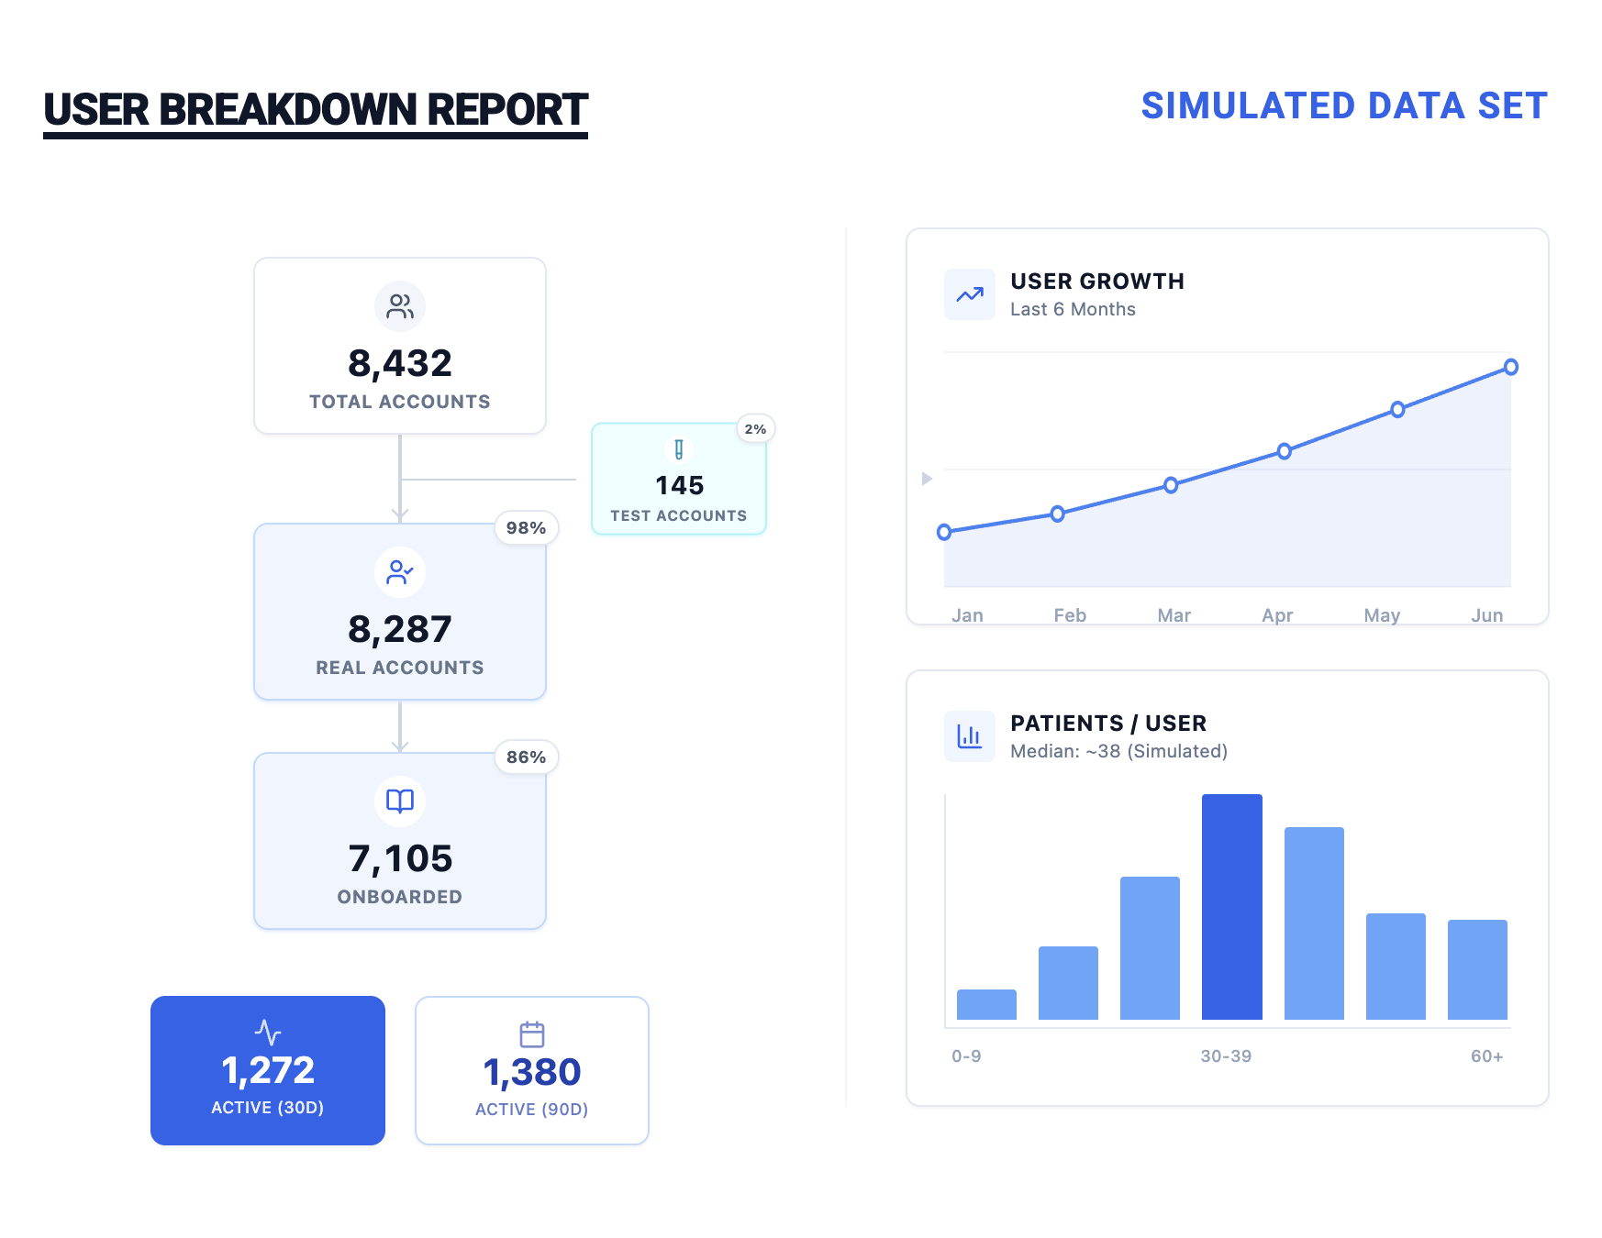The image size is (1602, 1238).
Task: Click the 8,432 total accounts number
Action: coord(400,363)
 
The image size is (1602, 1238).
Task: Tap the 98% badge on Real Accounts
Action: coord(526,528)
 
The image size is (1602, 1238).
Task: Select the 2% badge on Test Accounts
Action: coord(755,429)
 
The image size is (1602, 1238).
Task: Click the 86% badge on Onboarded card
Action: coord(526,757)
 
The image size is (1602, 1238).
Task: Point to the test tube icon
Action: coord(679,449)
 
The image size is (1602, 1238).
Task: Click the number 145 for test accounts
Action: coord(679,485)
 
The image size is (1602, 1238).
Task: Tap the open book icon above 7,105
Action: coord(400,801)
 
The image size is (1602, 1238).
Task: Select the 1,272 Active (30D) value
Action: coord(268,1070)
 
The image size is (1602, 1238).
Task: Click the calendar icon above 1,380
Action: coord(532,1034)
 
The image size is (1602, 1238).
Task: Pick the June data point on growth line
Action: coord(1510,367)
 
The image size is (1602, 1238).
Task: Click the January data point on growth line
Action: coord(944,532)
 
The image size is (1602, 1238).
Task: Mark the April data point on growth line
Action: coord(1285,451)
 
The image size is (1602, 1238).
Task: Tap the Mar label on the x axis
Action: coord(1174,615)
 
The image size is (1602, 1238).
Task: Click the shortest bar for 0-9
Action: coord(986,1004)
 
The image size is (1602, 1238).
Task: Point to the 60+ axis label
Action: coord(1486,1056)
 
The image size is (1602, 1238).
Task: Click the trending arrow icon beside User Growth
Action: coord(970,294)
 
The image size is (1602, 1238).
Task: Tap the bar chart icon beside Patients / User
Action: coord(970,736)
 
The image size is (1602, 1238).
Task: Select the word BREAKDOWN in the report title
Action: coord(288,110)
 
